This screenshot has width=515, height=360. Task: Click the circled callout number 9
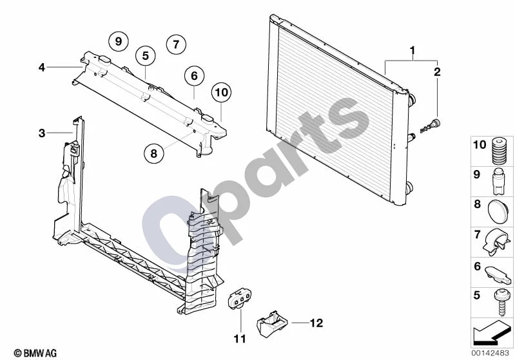(119, 41)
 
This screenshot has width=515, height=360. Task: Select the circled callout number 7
(176, 44)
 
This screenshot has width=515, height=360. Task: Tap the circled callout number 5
(146, 56)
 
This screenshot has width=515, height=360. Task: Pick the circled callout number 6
(194, 76)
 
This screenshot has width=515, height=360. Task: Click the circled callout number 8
(153, 153)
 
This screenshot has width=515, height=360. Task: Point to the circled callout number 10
(221, 92)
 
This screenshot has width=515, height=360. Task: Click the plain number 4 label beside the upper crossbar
(42, 68)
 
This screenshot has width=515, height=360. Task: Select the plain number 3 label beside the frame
(42, 133)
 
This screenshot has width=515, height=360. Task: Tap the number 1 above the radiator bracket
(413, 51)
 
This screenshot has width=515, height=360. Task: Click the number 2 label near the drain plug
(437, 72)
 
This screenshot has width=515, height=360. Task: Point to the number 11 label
(240, 339)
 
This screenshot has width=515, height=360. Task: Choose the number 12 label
(316, 323)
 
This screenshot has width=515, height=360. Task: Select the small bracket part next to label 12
(271, 324)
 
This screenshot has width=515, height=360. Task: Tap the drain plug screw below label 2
(431, 126)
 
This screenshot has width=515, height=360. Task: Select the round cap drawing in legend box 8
(499, 212)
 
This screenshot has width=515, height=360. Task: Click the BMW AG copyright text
(35, 353)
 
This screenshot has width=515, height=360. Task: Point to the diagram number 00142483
(491, 353)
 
